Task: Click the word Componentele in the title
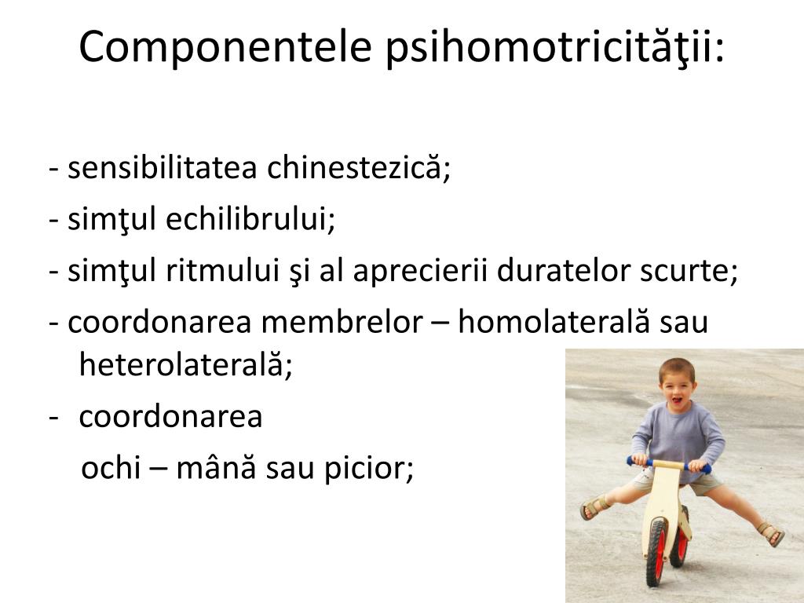click(225, 46)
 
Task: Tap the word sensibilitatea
click(162, 167)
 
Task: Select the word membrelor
click(342, 322)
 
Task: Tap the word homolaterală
click(554, 322)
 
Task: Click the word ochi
click(111, 467)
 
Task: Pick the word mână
click(216, 467)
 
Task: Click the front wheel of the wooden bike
click(657, 552)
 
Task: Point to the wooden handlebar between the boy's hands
click(668, 465)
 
